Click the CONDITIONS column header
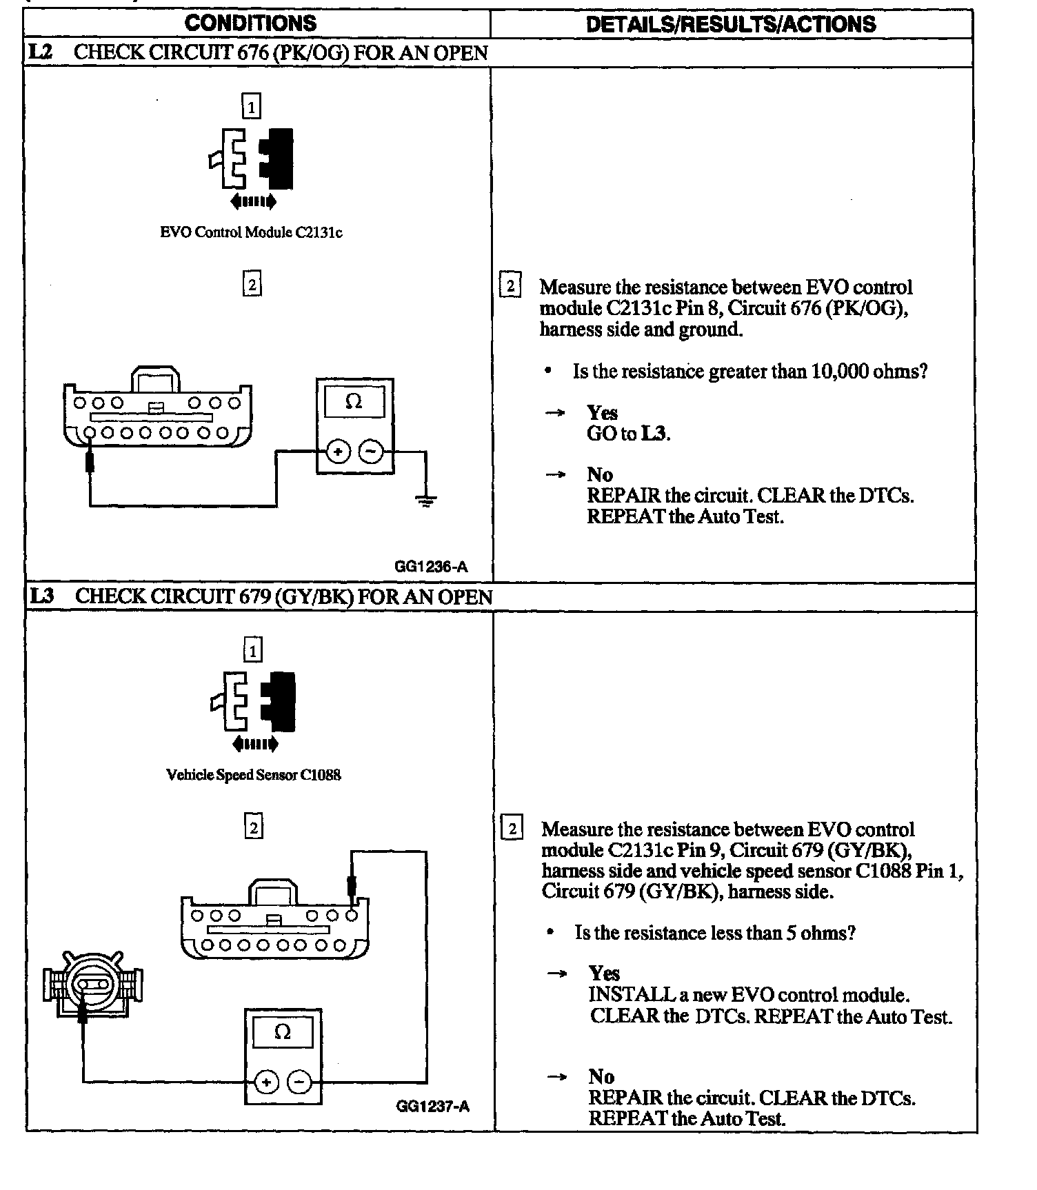250,23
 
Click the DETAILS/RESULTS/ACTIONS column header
731,24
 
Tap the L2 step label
41,52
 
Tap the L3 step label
42,596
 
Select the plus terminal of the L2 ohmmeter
338,452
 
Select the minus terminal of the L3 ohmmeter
299,1082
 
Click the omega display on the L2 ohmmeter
354,402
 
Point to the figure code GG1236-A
431,567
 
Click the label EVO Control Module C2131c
251,232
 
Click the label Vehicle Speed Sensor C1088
253,775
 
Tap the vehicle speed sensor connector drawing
92,985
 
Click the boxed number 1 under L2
252,107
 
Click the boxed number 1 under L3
253,650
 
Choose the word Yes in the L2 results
602,413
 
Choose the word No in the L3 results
601,1076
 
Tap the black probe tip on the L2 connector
90,461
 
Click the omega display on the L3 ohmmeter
283,1032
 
